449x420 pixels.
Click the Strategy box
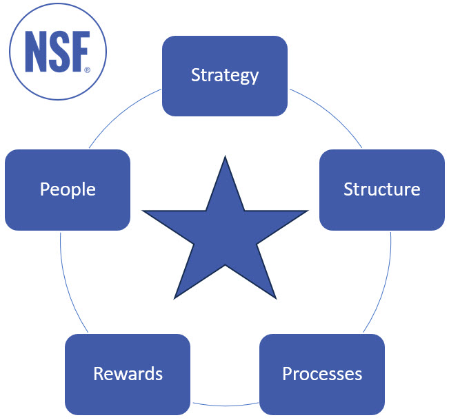click(225, 76)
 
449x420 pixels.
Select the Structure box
click(381, 189)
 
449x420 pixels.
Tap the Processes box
click(322, 374)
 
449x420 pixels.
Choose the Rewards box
click(128, 374)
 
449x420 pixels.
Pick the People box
click(68, 189)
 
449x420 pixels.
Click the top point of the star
click(225, 159)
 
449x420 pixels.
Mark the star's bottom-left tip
click(176, 297)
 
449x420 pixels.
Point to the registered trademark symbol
click(87, 70)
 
